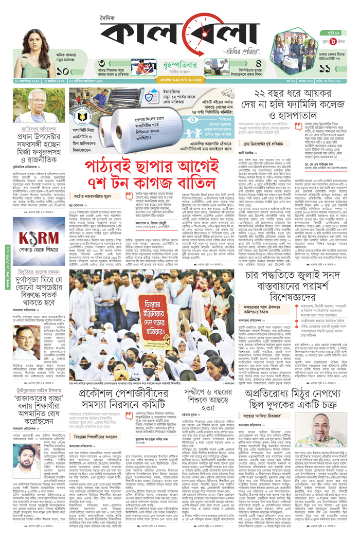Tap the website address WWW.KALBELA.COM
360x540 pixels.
(x=180, y=80)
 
